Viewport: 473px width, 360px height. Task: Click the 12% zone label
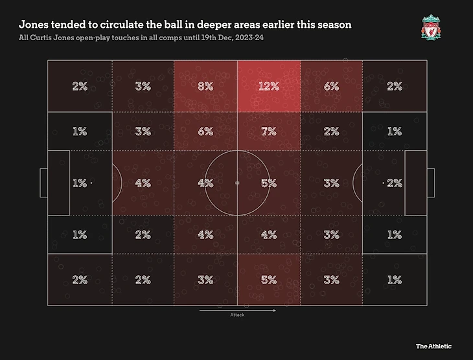pos(268,86)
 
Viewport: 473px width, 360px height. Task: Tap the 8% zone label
pos(205,86)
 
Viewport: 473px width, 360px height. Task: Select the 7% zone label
pos(268,131)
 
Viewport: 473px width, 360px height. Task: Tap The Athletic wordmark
pos(433,346)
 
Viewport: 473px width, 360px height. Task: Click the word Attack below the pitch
pos(237,316)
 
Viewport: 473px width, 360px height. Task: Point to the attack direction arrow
pos(237,310)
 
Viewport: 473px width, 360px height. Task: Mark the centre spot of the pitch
pos(237,183)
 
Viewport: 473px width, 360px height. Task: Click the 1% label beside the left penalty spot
pos(79,183)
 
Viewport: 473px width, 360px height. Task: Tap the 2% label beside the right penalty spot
pos(395,183)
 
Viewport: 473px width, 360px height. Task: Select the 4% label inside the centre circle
pos(205,183)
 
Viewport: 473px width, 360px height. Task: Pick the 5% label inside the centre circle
pos(268,183)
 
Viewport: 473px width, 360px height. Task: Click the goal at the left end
pos(43,183)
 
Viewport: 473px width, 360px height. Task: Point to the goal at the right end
pos(431,183)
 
